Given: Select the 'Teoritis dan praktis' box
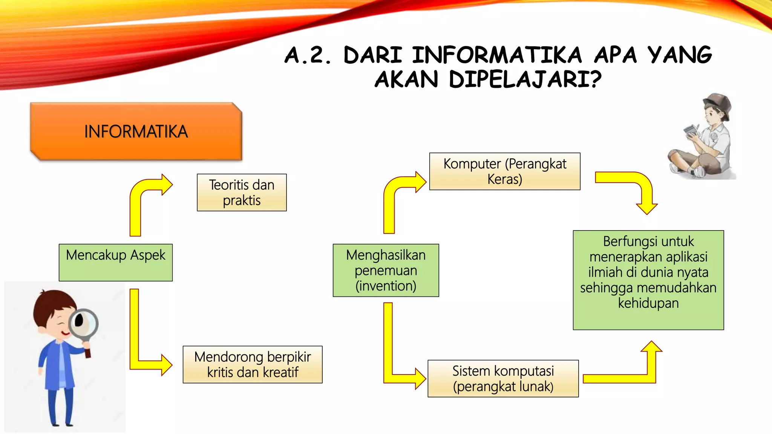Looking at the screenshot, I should (242, 193).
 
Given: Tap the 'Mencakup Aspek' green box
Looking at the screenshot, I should (116, 262).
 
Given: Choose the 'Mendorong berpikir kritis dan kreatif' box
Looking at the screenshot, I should (253, 364).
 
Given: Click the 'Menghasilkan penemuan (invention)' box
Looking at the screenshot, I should (386, 270).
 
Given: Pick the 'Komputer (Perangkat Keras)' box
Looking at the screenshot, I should (505, 171).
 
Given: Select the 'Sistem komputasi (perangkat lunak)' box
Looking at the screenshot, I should (503, 378).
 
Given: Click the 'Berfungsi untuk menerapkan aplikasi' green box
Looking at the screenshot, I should (648, 280).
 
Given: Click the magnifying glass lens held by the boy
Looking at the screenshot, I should (84, 324).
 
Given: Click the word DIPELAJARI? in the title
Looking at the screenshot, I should (525, 79).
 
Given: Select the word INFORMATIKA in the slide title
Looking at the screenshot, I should (497, 55).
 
